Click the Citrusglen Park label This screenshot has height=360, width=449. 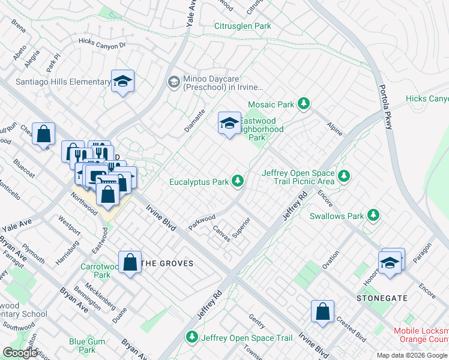tap(243, 26)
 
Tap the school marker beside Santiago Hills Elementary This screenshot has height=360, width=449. tap(123, 82)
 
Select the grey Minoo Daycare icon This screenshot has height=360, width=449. tap(173, 82)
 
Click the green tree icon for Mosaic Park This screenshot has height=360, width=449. tap(304, 104)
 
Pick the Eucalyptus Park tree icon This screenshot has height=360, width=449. tap(238, 180)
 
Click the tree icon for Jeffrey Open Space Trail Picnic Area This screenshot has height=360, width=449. tap(344, 176)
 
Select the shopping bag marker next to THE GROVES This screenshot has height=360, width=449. tap(130, 263)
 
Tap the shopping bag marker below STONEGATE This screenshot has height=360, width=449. tap(322, 311)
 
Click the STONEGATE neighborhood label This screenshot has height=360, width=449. tap(382, 298)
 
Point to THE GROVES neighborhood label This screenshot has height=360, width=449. tap(167, 263)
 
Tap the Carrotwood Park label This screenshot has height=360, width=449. tap(96, 271)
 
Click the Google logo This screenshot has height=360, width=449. tap(20, 353)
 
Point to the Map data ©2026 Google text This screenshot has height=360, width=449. tap(412, 355)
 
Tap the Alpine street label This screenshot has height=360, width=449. tap(334, 127)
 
